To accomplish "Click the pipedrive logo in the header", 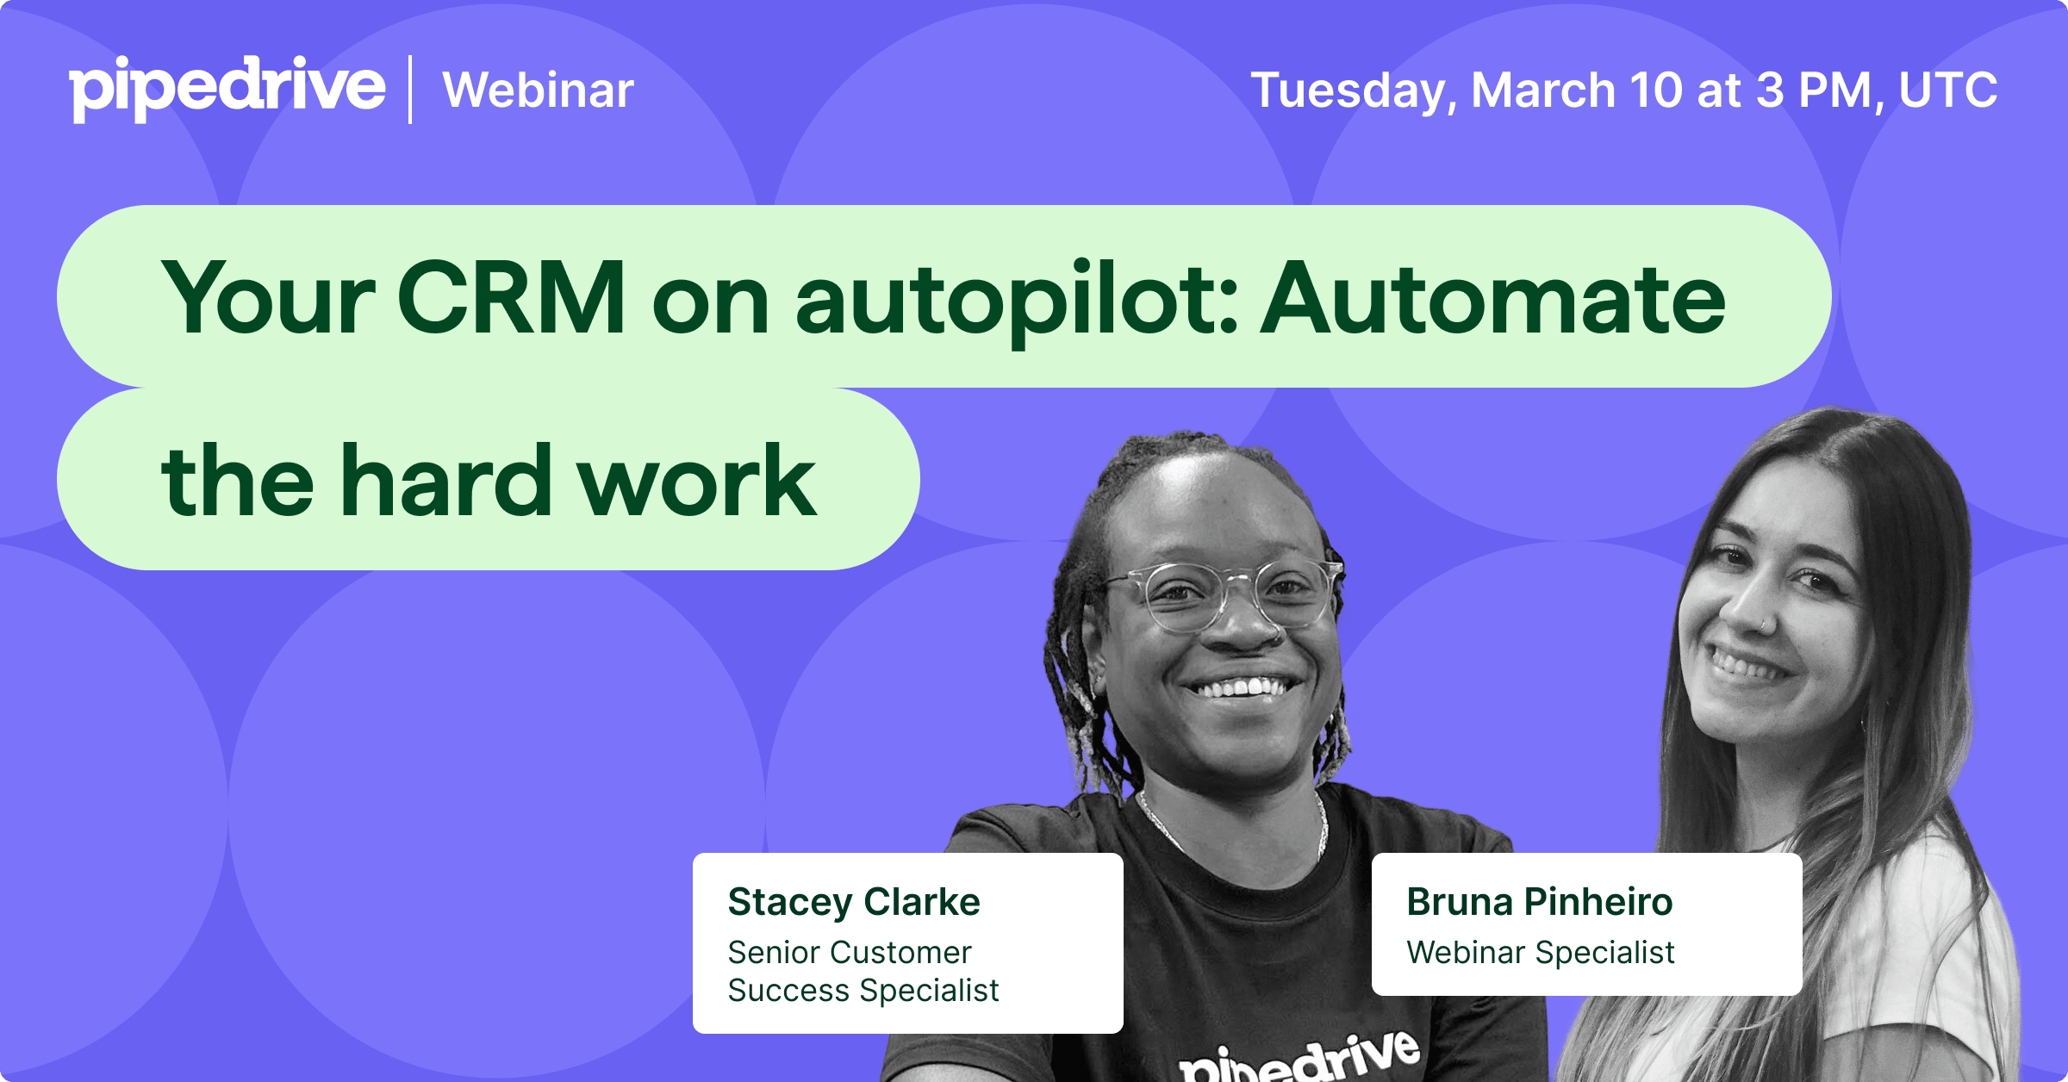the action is click(227, 89).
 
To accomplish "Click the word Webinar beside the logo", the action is click(539, 90).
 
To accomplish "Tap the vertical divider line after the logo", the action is click(410, 90).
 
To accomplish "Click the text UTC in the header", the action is click(1948, 90).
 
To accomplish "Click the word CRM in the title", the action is click(511, 297).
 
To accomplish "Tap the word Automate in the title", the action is click(1493, 298).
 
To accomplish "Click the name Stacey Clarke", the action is click(854, 903).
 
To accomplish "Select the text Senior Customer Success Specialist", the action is click(863, 972).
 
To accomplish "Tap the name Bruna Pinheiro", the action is click(1540, 902).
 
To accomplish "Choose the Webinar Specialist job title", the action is click(1541, 953).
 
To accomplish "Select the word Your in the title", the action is click(268, 297).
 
